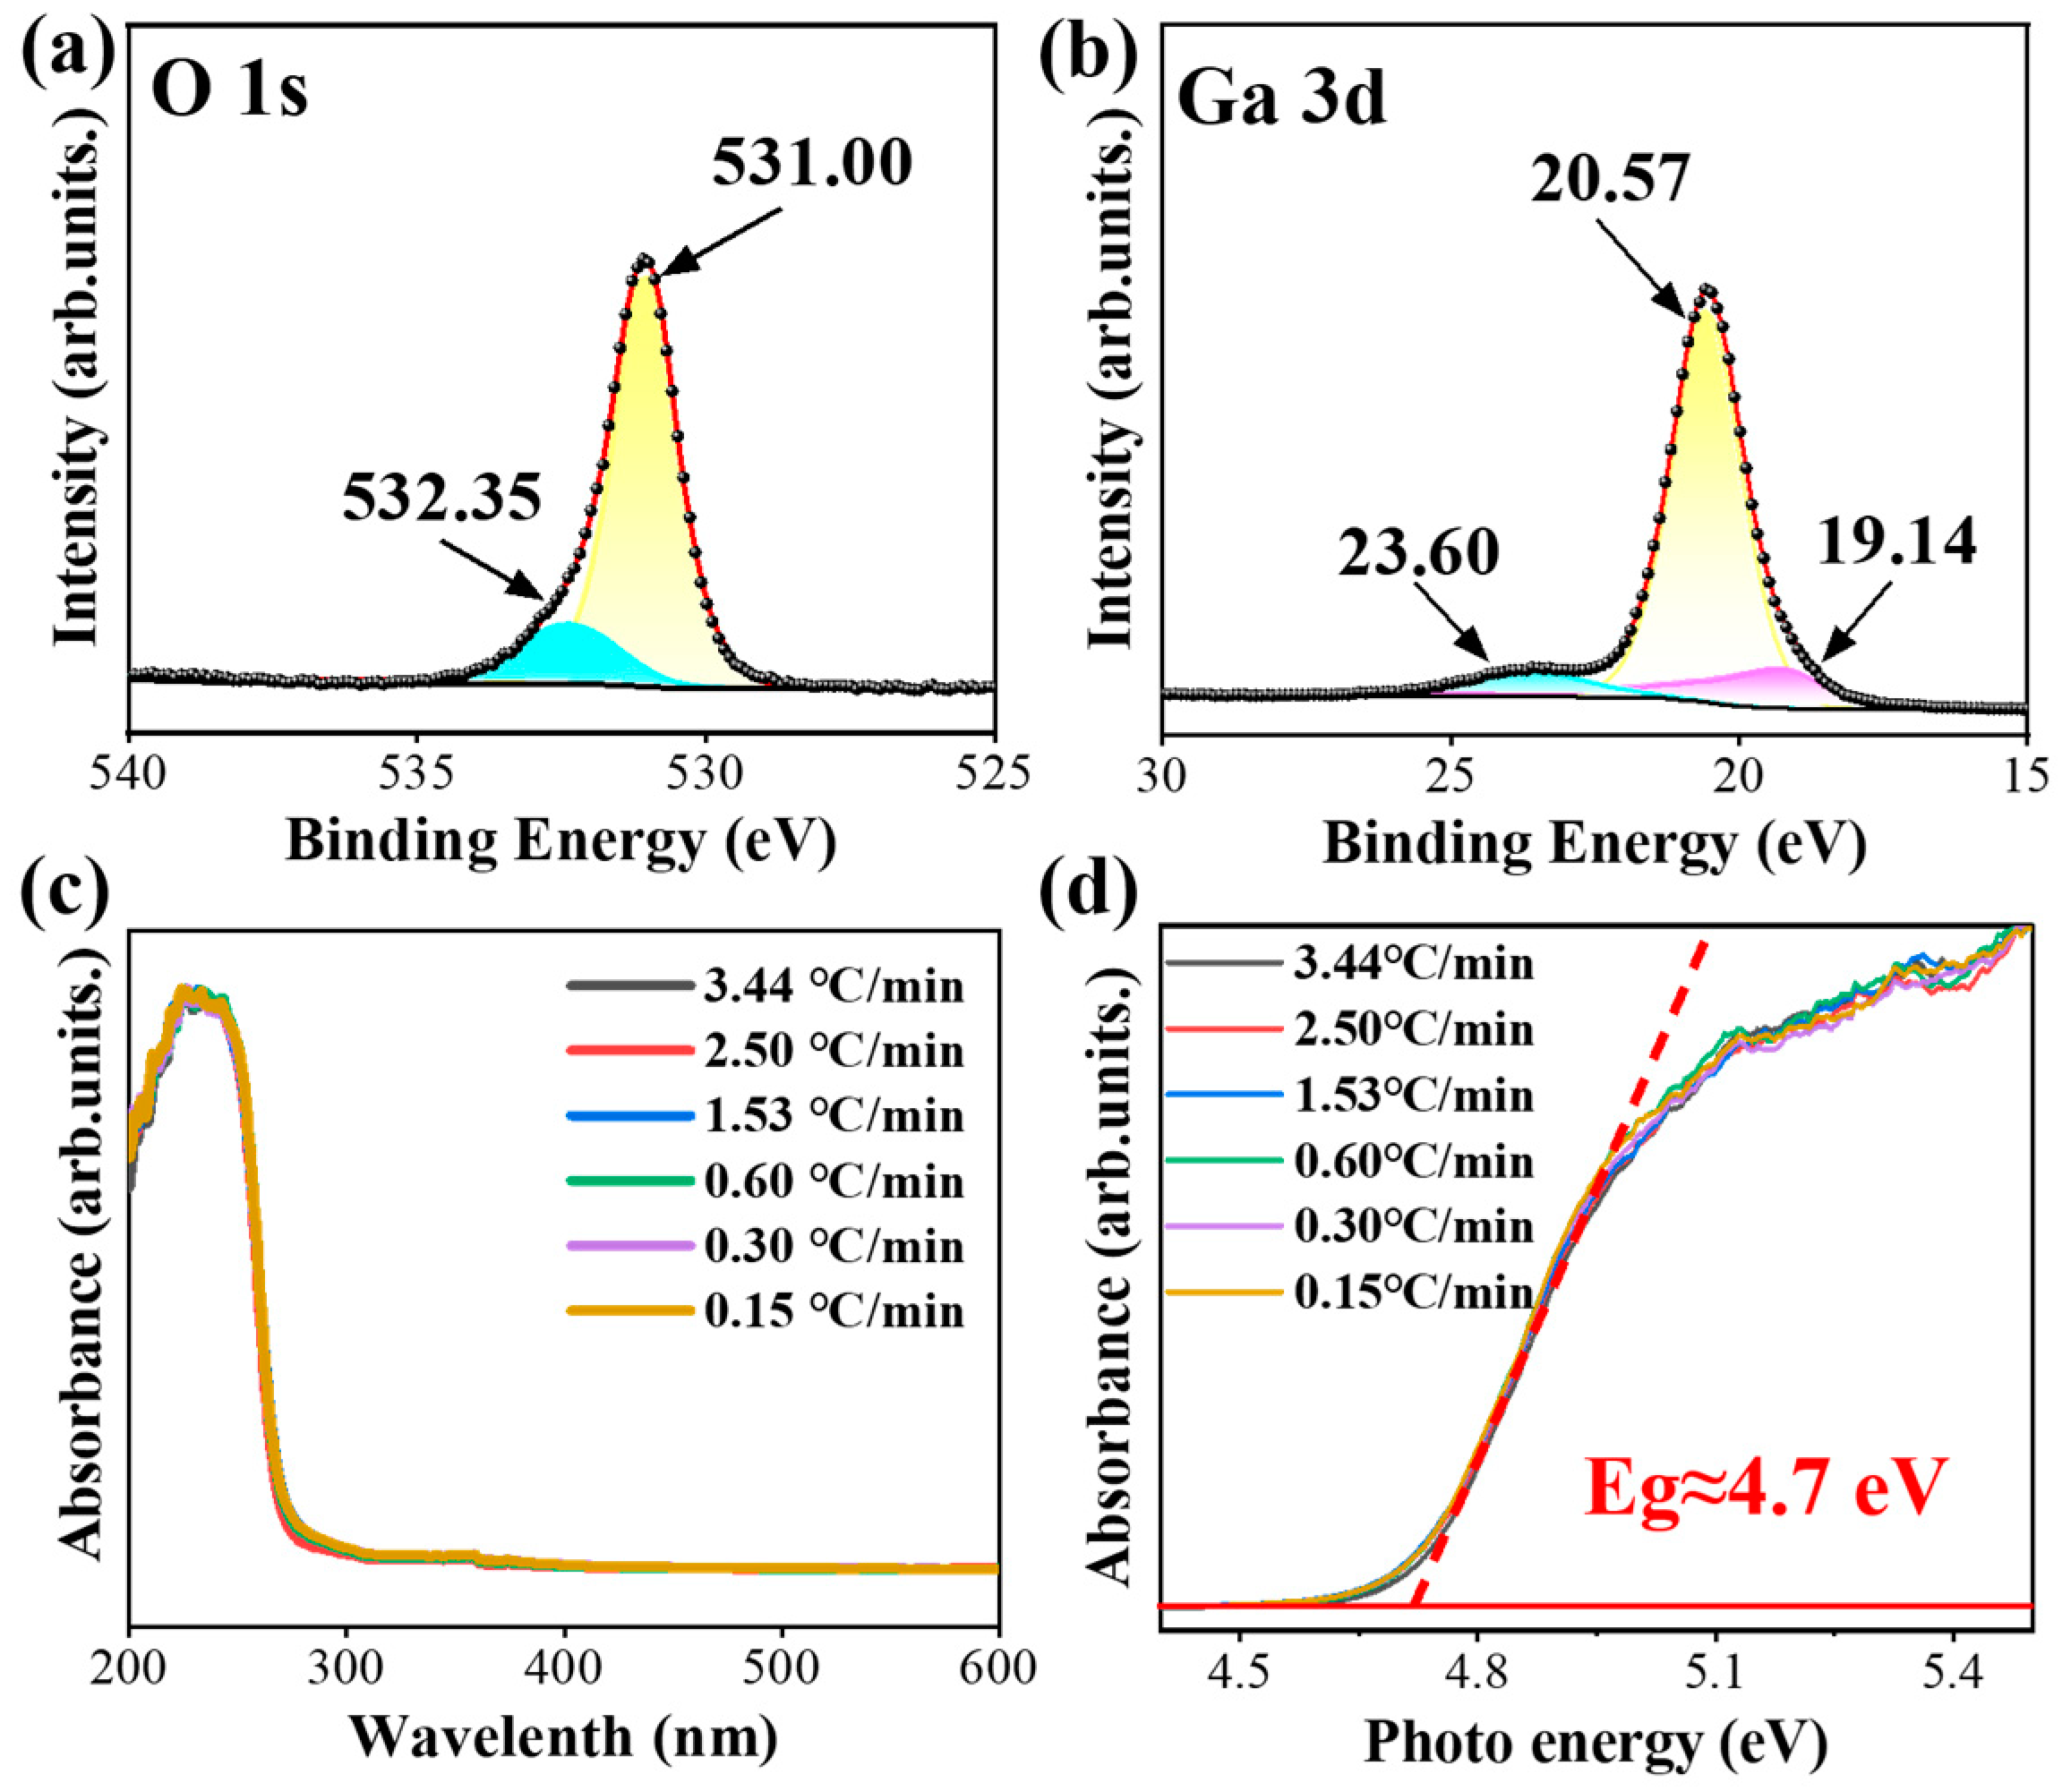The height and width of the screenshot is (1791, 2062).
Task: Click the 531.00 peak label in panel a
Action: click(811, 163)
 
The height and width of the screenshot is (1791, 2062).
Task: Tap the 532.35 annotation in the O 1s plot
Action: click(441, 497)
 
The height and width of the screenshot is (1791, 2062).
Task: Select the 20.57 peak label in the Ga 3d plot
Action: click(1609, 180)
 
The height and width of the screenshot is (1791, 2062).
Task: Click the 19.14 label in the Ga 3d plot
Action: click(1896, 542)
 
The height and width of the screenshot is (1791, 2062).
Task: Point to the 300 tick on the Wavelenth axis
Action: click(345, 1669)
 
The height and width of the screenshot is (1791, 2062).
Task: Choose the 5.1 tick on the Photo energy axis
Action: click(1715, 1671)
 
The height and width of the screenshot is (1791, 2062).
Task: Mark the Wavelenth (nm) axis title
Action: click(562, 1737)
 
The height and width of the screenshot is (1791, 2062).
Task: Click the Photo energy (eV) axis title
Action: click(1596, 1743)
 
